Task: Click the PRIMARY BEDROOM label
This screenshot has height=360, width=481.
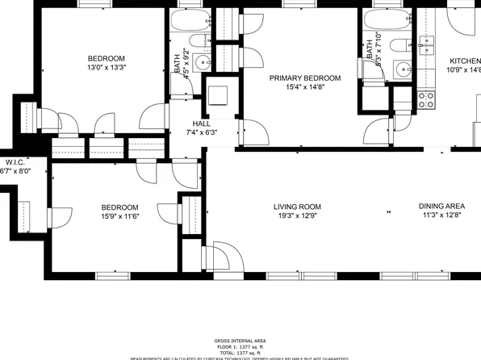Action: click(x=304, y=78)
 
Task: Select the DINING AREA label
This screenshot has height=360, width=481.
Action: click(x=441, y=207)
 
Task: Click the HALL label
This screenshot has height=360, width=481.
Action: click(x=190, y=123)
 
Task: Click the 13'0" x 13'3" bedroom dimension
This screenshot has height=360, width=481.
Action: click(x=107, y=68)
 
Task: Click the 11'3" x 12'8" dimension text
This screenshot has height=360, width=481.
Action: click(x=441, y=216)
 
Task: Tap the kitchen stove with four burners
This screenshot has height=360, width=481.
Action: click(x=425, y=100)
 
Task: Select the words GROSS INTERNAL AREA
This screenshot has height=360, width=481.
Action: click(x=240, y=341)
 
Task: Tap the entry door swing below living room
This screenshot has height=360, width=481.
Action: click(x=226, y=257)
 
